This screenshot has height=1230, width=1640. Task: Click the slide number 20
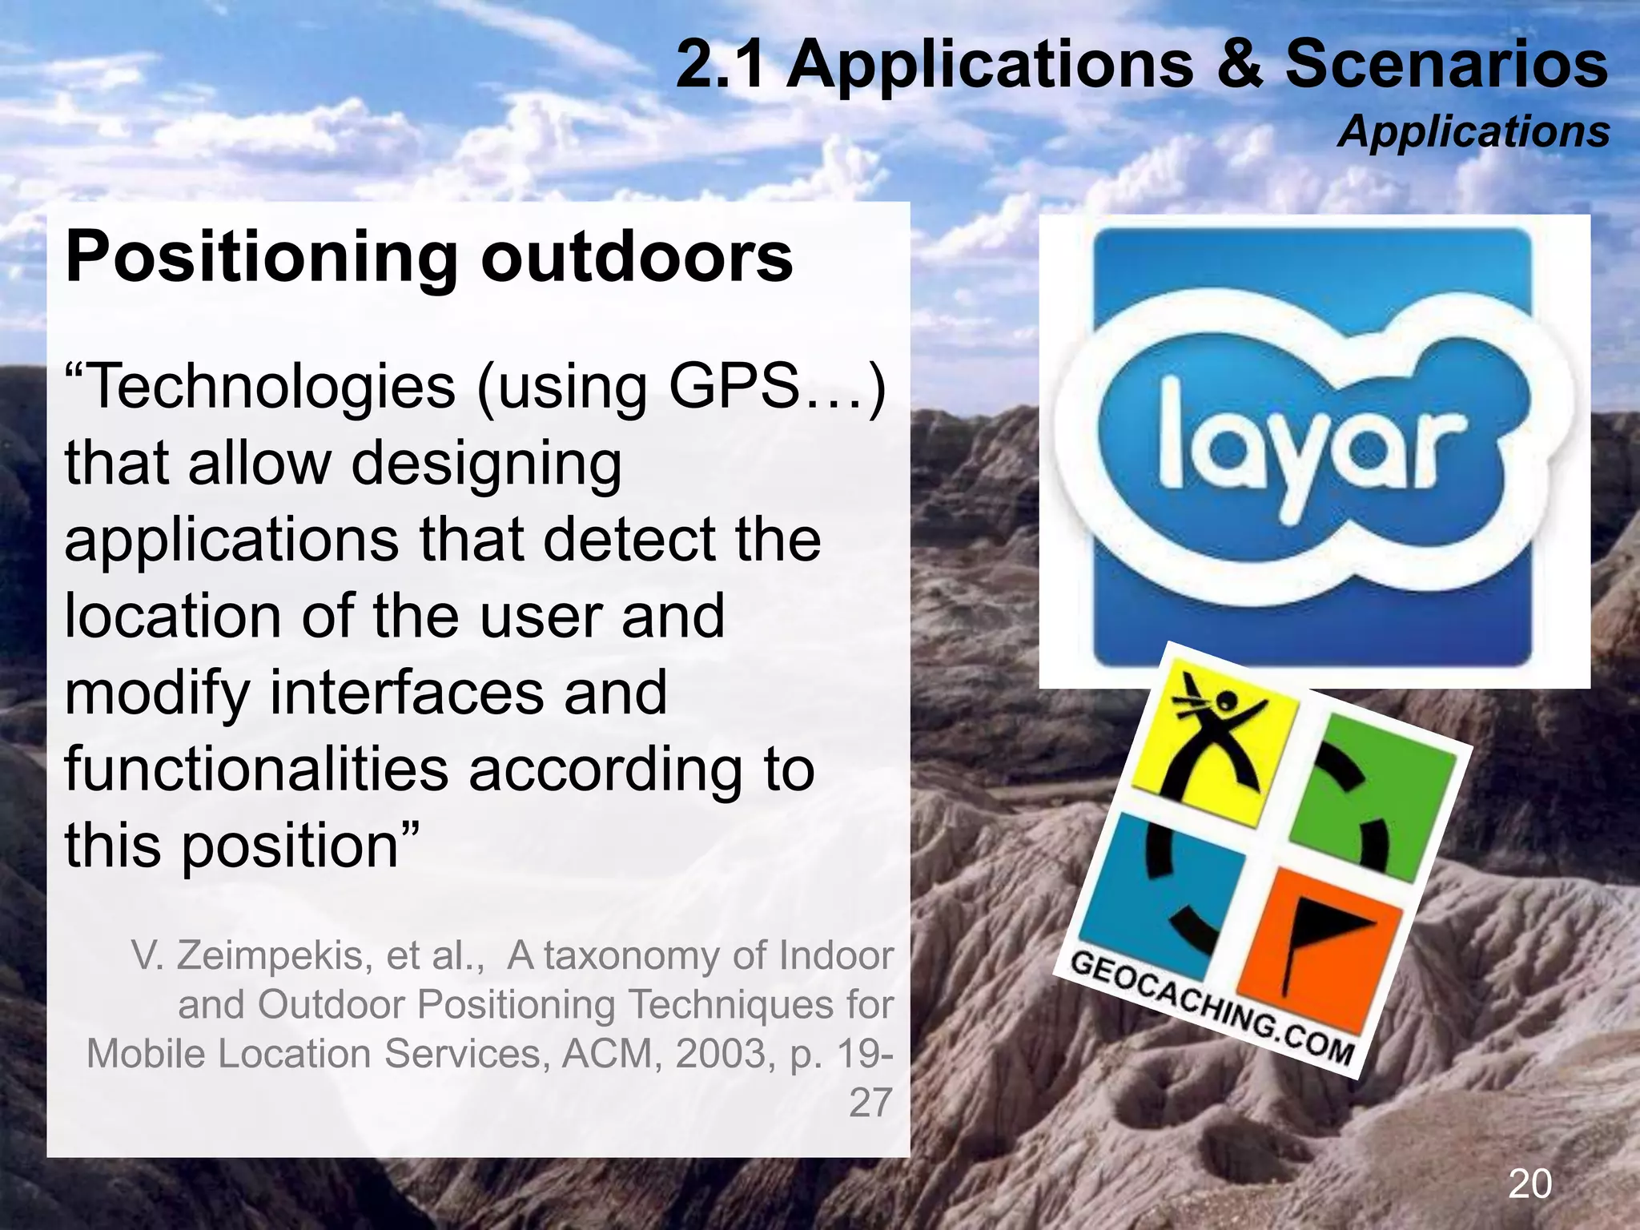point(1529,1184)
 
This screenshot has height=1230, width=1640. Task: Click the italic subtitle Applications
point(1473,131)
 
